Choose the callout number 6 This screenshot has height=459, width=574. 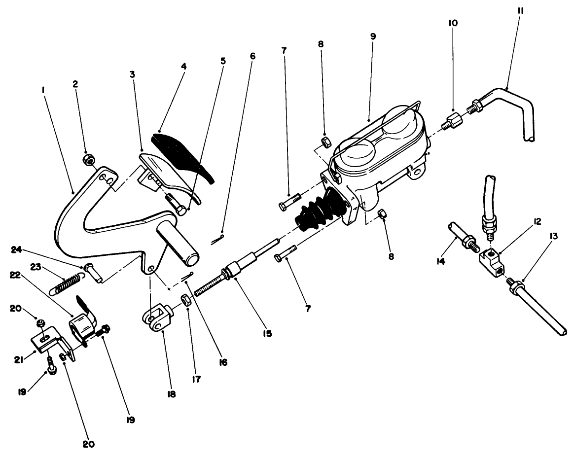(252, 56)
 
